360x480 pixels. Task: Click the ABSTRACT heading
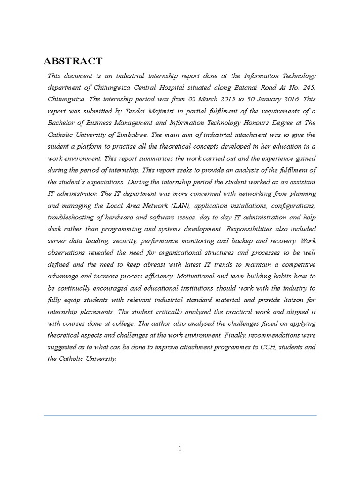point(73,61)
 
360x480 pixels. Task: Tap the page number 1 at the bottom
point(180,449)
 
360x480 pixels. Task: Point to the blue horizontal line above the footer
point(180,415)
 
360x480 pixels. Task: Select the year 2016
point(291,99)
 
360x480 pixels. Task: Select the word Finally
point(255,335)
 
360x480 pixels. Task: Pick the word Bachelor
point(62,123)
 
